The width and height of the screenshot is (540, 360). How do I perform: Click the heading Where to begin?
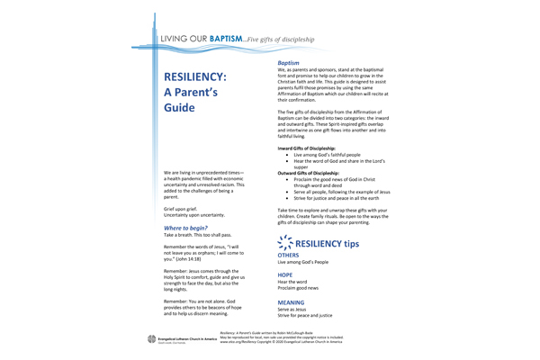click(187, 229)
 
